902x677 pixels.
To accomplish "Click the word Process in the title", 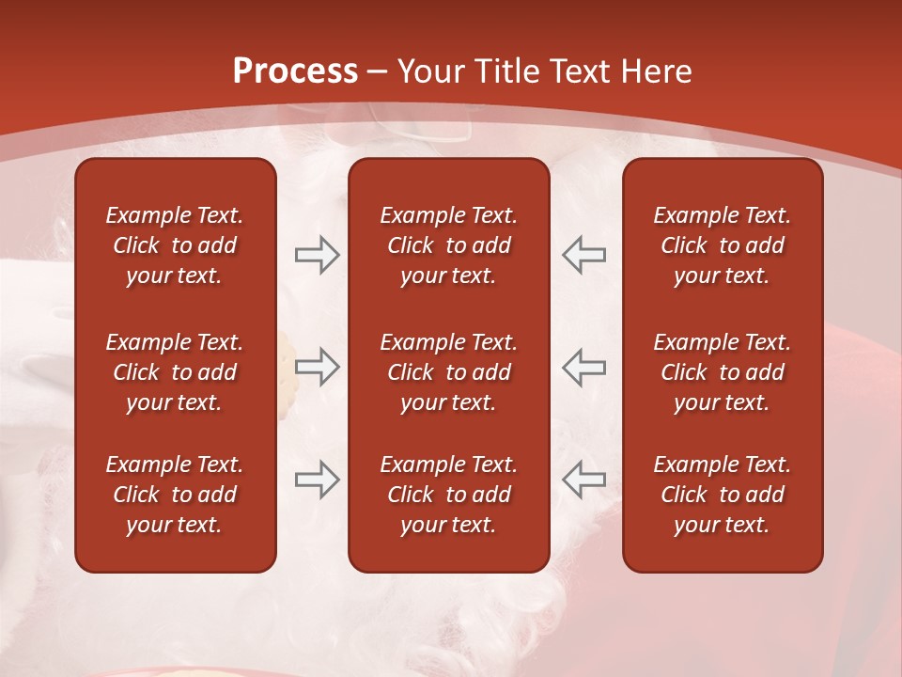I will pyautogui.click(x=295, y=71).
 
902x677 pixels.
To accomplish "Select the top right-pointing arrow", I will pyautogui.click(x=317, y=255).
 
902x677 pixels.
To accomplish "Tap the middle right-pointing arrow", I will pyautogui.click(x=317, y=367).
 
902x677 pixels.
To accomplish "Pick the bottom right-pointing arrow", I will pyautogui.click(x=317, y=480).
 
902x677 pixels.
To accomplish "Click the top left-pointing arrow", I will pyautogui.click(x=584, y=255).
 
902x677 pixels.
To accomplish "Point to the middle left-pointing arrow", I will pyautogui.click(x=584, y=367).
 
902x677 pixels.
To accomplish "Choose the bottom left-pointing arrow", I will pyautogui.click(x=584, y=480).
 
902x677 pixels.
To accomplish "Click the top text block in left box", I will pyautogui.click(x=175, y=245).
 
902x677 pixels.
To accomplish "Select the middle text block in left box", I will pyautogui.click(x=175, y=372).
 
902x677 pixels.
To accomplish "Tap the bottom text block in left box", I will pyautogui.click(x=175, y=495).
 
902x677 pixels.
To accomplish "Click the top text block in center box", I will pyautogui.click(x=449, y=245).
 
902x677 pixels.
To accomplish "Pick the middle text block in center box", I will pyautogui.click(x=449, y=372).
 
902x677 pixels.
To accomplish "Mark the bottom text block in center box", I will pyautogui.click(x=449, y=495).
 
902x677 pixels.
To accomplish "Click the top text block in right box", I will pyautogui.click(x=723, y=245).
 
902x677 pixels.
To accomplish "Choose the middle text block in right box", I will pyautogui.click(x=723, y=372).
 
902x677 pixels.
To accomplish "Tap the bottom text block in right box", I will pyautogui.click(x=723, y=495).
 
